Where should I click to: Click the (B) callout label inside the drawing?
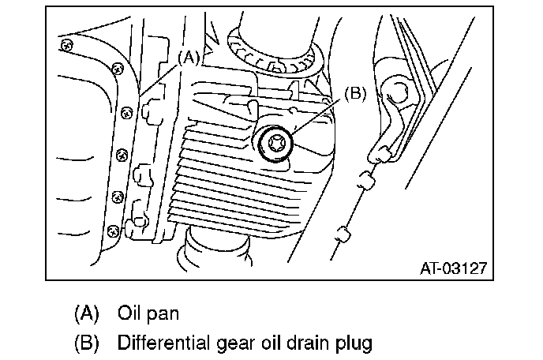[354, 94]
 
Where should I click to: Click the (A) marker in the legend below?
[87, 313]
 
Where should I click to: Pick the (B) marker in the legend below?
[87, 343]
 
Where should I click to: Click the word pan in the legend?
[163, 313]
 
